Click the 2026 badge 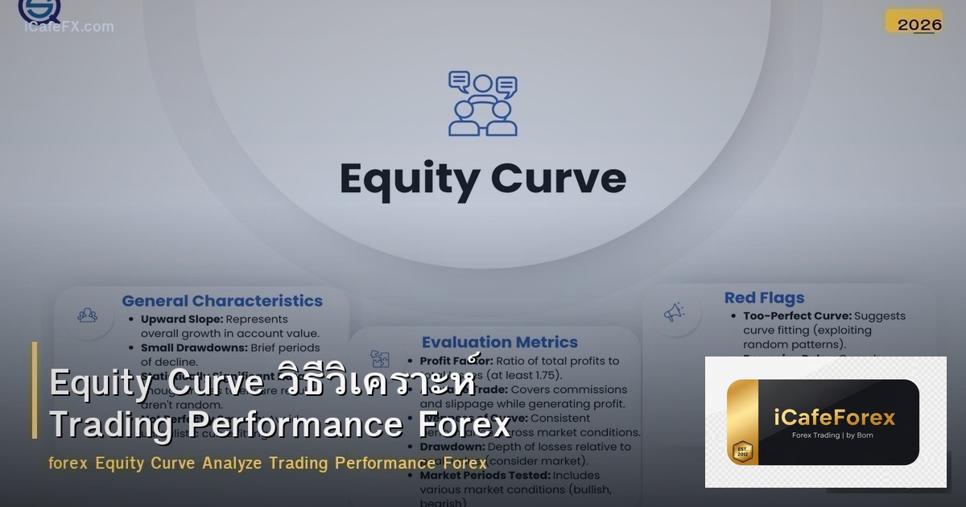pyautogui.click(x=919, y=24)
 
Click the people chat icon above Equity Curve pyautogui.click(x=482, y=104)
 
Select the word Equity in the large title pyautogui.click(x=409, y=179)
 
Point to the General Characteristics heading pyautogui.click(x=222, y=301)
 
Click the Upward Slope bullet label pyautogui.click(x=180, y=319)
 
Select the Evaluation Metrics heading pyautogui.click(x=499, y=343)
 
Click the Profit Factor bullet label pyautogui.click(x=456, y=361)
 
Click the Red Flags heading pyautogui.click(x=764, y=298)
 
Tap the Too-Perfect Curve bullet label pyautogui.click(x=797, y=316)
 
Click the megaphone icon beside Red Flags pyautogui.click(x=674, y=312)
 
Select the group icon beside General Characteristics pyautogui.click(x=88, y=315)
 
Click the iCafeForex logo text pyautogui.click(x=834, y=417)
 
